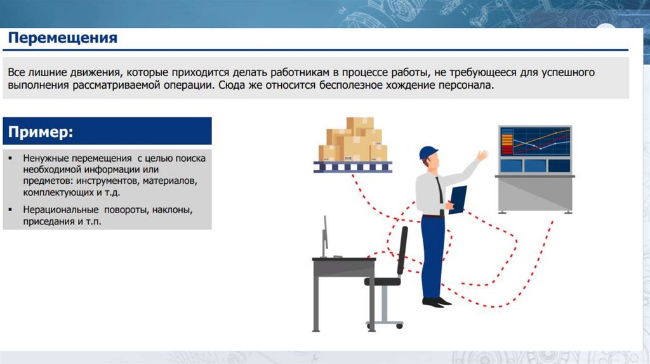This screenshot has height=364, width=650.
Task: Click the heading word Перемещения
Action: point(63,38)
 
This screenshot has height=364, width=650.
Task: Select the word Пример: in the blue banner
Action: point(41,132)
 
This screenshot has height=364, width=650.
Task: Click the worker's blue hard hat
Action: point(428,152)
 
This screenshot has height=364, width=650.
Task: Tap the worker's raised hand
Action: point(482,155)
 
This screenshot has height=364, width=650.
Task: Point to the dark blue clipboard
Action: point(458,200)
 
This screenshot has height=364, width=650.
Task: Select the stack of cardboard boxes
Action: point(353,140)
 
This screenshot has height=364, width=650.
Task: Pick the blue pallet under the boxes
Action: point(353,167)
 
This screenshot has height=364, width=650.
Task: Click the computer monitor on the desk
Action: point(326,236)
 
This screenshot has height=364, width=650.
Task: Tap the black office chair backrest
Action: point(402,251)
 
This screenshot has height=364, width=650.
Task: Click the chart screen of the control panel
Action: point(534,141)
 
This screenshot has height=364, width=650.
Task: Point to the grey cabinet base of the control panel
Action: point(534,194)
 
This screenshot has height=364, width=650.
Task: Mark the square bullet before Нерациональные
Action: point(10,209)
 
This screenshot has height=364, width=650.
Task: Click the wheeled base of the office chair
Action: point(385,324)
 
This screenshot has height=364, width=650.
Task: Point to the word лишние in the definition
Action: point(47,72)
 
